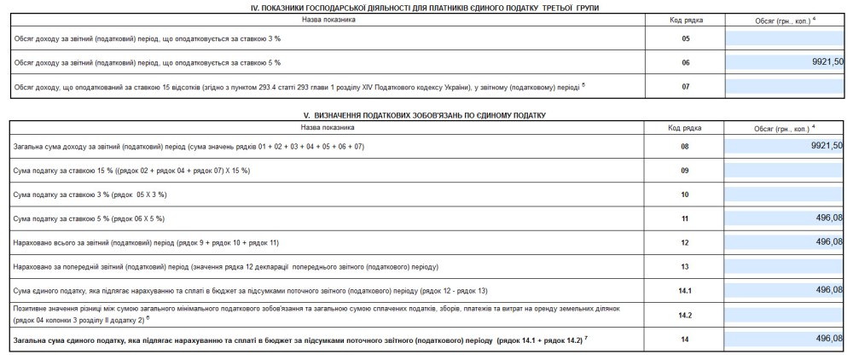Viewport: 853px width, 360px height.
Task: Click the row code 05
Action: coord(685,38)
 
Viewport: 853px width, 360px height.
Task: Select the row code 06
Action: coord(685,62)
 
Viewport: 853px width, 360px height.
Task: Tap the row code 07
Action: coord(685,86)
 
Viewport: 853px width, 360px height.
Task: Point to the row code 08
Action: coord(685,147)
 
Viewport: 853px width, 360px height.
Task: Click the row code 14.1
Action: coord(685,290)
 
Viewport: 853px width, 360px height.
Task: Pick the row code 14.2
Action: coord(685,314)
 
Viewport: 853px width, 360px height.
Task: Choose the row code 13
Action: coord(685,266)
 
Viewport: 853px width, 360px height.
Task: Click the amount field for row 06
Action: coord(785,62)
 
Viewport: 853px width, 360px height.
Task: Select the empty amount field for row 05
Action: coord(785,38)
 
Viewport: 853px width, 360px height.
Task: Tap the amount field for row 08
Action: coord(785,147)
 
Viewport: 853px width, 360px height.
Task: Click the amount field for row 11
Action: coord(785,218)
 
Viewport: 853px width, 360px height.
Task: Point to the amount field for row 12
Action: coord(785,242)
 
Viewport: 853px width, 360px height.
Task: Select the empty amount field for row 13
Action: coord(785,266)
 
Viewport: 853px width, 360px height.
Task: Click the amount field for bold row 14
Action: coord(785,339)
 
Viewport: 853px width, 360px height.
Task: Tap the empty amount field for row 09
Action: coord(785,171)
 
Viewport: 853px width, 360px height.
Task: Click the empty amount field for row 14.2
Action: coord(785,314)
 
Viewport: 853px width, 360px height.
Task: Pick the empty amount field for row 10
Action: coord(785,195)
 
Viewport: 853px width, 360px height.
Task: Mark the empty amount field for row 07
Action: coord(785,86)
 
